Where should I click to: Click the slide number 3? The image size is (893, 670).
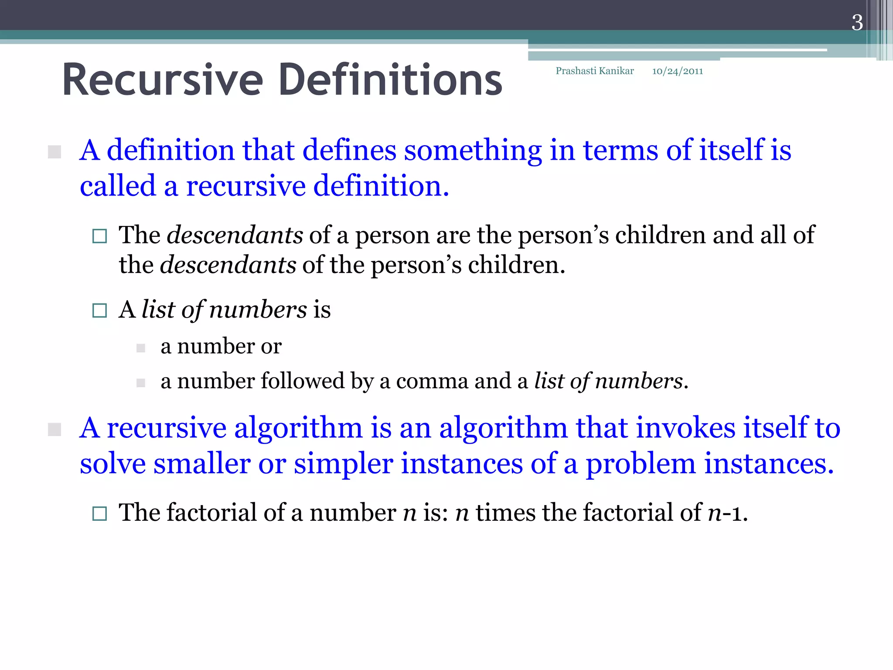(857, 23)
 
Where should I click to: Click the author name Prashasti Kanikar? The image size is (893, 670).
(594, 71)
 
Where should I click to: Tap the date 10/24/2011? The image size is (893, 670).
(677, 71)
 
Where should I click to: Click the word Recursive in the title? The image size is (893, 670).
(163, 80)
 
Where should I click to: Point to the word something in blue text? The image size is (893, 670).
(473, 150)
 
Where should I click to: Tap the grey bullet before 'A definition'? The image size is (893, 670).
(55, 152)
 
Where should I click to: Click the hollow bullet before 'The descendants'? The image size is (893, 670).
(99, 236)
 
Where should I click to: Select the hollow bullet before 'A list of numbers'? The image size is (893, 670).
(99, 311)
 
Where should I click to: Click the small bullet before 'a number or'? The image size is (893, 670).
(140, 348)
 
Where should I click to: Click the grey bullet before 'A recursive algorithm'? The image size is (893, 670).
(55, 429)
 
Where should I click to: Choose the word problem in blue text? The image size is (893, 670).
(640, 465)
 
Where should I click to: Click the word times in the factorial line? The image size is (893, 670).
(505, 513)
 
